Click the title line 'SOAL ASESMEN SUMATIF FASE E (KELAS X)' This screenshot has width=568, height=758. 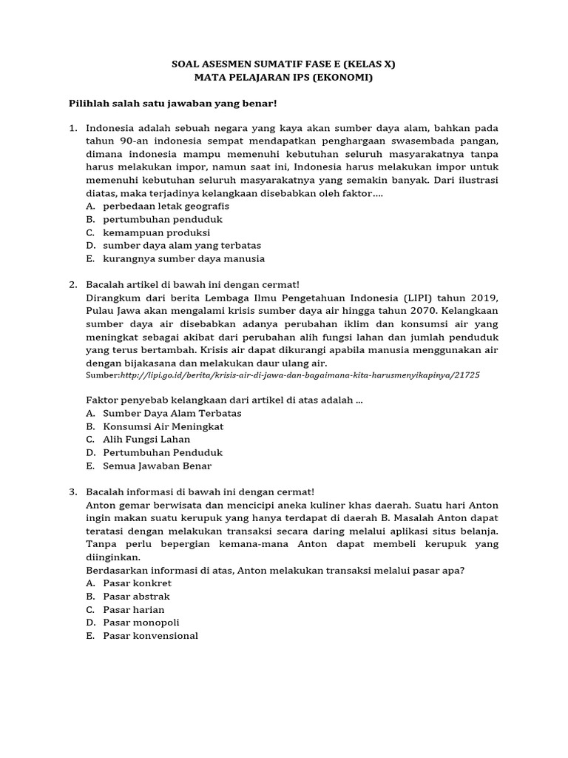284,64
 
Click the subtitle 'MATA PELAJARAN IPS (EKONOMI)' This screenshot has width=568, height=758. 284,78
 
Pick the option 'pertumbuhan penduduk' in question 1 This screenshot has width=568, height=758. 163,219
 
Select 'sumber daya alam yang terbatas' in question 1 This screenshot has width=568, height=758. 182,246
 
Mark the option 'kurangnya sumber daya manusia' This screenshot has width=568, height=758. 183,259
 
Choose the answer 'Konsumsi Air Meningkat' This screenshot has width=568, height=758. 163,426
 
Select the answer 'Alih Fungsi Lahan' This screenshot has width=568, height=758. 146,440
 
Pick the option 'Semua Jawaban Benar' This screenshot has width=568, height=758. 157,466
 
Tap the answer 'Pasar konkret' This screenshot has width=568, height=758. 137,583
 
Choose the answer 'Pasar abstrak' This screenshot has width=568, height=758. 136,597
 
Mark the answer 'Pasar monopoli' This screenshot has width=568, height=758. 141,623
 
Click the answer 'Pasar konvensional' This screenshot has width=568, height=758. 150,637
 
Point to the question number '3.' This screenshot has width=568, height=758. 73,492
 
